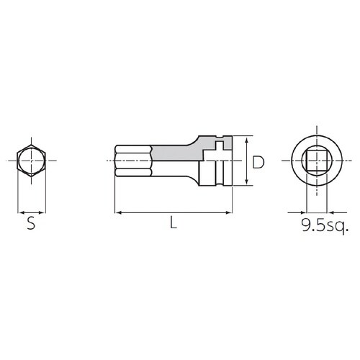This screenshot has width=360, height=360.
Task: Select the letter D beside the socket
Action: coord(258,163)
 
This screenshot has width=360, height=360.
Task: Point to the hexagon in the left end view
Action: coord(30,161)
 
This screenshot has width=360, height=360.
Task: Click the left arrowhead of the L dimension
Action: coord(117,212)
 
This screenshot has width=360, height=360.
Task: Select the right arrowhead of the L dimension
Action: coord(232,212)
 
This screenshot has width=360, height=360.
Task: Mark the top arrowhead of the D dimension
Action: coord(247,140)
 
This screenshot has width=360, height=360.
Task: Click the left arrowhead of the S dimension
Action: coord(19,212)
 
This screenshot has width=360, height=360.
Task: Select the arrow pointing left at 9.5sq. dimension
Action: coord(328,212)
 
